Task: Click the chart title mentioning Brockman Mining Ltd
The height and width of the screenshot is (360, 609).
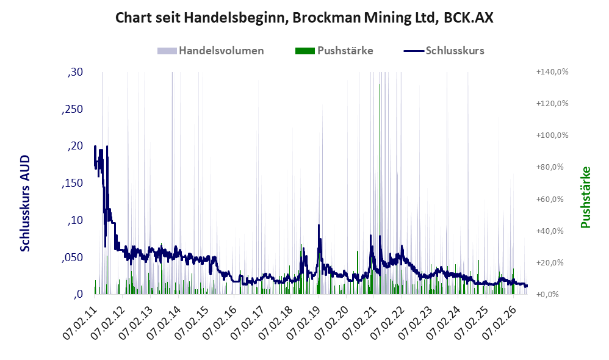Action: pyautogui.click(x=304, y=18)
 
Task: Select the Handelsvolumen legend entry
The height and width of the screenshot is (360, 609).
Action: pyautogui.click(x=211, y=51)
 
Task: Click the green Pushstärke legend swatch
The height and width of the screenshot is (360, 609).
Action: pyautogui.click(x=305, y=51)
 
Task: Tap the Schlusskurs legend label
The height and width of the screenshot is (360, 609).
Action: pyautogui.click(x=455, y=51)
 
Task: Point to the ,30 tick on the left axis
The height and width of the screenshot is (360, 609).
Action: pyautogui.click(x=75, y=72)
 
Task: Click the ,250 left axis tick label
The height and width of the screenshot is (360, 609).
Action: pyautogui.click(x=72, y=109)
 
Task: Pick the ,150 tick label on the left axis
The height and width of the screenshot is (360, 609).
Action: pyautogui.click(x=72, y=183)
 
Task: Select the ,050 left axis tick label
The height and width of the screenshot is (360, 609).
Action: pyautogui.click(x=72, y=257)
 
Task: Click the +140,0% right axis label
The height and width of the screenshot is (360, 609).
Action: pyautogui.click(x=552, y=72)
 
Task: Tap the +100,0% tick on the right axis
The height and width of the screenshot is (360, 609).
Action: pyautogui.click(x=552, y=135)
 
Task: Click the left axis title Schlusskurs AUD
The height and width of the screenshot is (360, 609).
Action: pyautogui.click(x=25, y=203)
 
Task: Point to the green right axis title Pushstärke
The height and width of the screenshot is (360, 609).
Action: pyautogui.click(x=585, y=197)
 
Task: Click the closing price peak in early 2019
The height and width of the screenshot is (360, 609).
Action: pyautogui.click(x=319, y=225)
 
